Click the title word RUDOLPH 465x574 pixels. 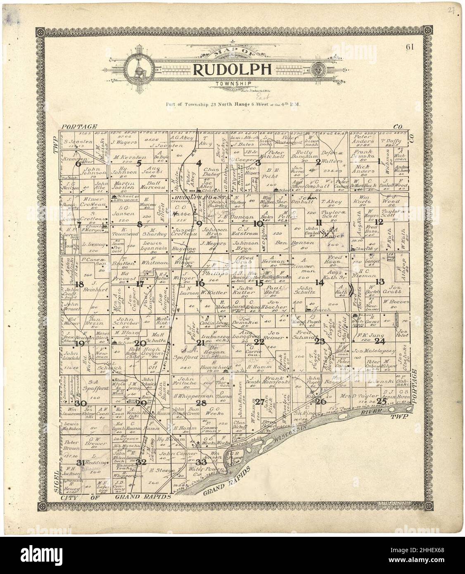[233, 70]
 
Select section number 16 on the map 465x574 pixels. [200, 283]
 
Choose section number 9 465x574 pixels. [199, 224]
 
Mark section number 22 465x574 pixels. [259, 342]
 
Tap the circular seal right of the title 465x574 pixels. [318, 69]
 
